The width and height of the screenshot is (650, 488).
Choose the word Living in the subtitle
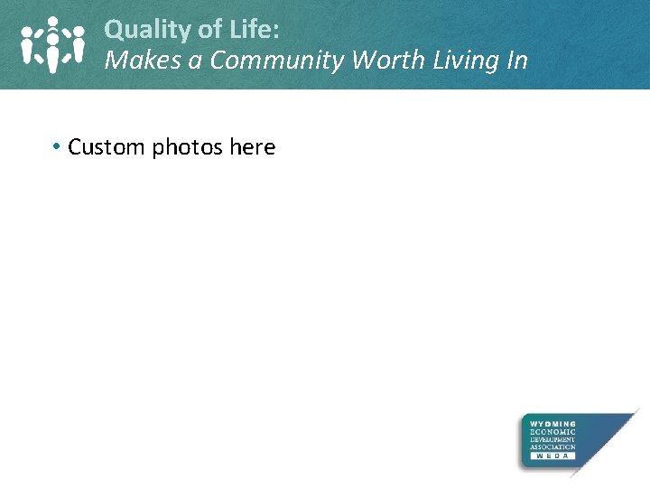click(x=460, y=61)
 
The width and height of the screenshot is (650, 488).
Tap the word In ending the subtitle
click(x=516, y=61)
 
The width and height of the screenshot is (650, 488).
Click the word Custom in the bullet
click(x=107, y=146)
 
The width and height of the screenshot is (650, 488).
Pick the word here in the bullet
click(x=252, y=146)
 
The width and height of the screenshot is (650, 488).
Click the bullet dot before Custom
click(x=56, y=146)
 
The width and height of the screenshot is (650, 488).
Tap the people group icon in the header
click(x=52, y=44)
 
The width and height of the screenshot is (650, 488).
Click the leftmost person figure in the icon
click(x=29, y=46)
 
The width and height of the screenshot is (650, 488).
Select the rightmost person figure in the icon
click(x=78, y=46)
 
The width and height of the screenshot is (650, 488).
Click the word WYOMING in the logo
click(x=552, y=423)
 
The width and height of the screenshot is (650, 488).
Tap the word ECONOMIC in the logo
click(x=552, y=431)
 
